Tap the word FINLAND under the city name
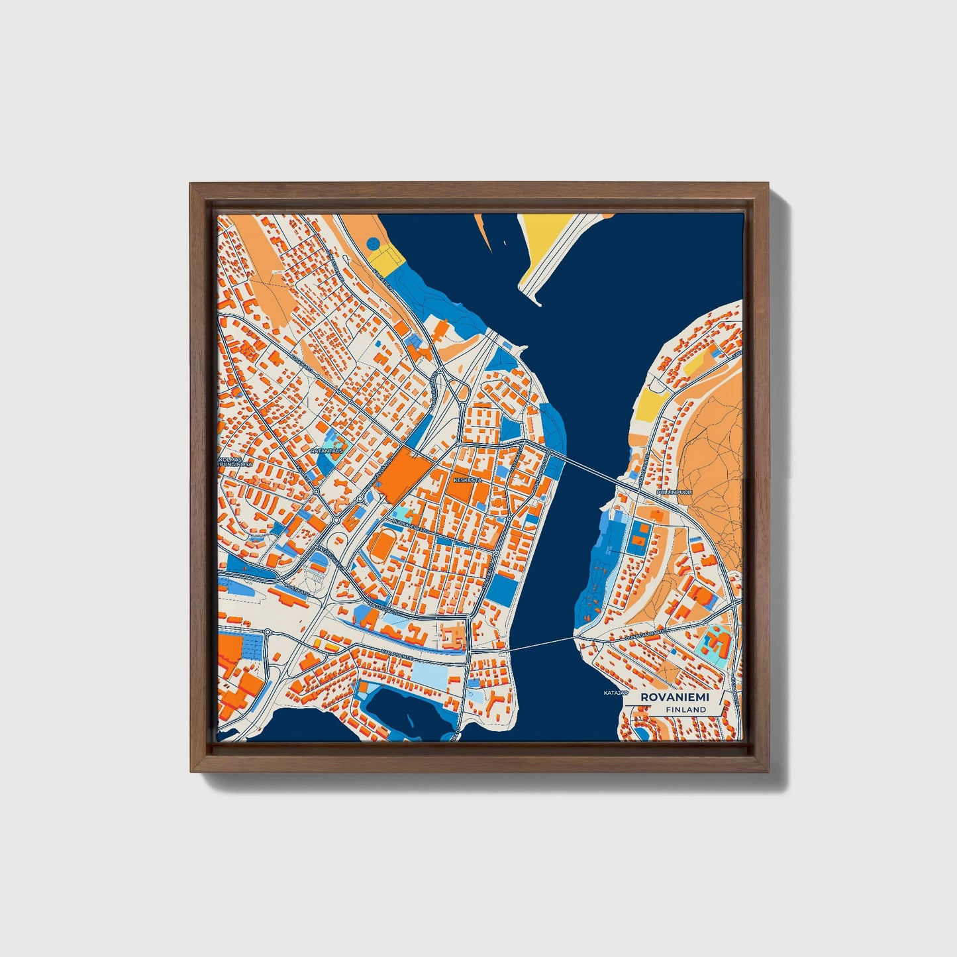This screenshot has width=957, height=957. coord(686,709)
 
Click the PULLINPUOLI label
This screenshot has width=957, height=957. coord(674,493)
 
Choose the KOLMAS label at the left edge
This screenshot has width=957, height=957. coord(232,458)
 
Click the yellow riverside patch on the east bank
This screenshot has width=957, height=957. coord(650,401)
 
